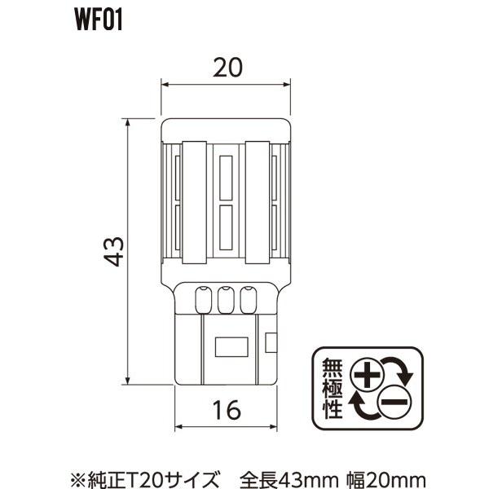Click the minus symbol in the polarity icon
[x=394, y=400]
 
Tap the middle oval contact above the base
[x=227, y=302]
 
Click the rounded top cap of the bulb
[x=227, y=130]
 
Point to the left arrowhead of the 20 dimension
[x=165, y=85]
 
